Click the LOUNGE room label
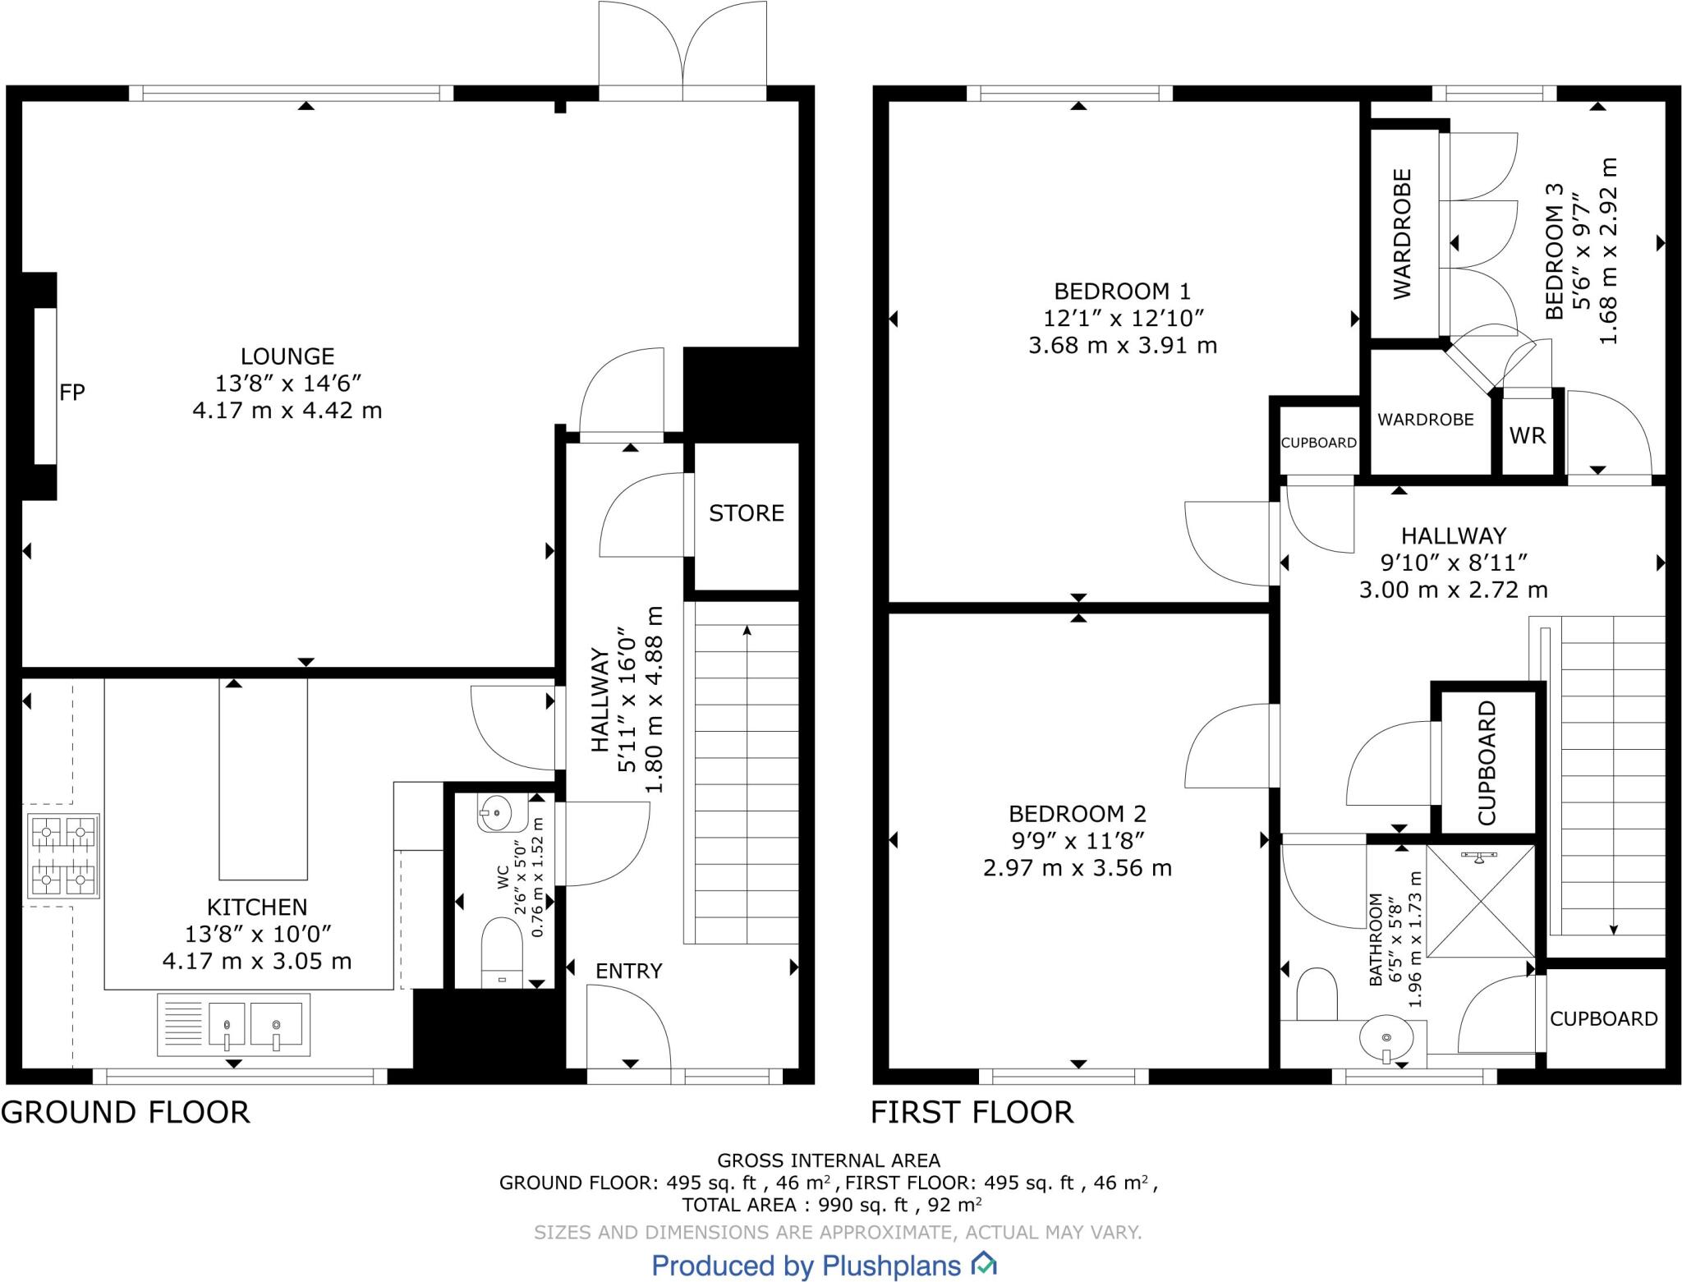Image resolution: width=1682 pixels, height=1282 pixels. [287, 356]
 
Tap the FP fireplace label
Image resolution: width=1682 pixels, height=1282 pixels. [72, 393]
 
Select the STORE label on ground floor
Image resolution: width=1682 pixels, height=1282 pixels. [747, 513]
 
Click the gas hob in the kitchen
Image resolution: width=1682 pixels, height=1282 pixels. [63, 855]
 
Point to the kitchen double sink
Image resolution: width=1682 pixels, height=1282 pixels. [234, 1025]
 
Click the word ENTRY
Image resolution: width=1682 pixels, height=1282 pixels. [629, 971]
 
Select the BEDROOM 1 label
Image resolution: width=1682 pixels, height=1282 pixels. [1122, 292]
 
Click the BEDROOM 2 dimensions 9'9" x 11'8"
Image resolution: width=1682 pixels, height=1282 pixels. [1077, 841]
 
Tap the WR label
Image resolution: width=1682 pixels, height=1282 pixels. [1528, 435]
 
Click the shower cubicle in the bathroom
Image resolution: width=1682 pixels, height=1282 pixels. [1481, 901]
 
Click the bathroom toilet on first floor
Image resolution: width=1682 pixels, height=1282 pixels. [1317, 995]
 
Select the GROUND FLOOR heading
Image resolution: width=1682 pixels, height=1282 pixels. [126, 1113]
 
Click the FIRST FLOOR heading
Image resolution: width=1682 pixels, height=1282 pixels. [972, 1113]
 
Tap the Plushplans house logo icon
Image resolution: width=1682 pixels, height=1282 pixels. [984, 1264]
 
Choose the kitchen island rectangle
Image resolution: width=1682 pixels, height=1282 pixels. [263, 779]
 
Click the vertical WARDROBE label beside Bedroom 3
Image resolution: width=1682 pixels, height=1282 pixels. [1402, 234]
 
